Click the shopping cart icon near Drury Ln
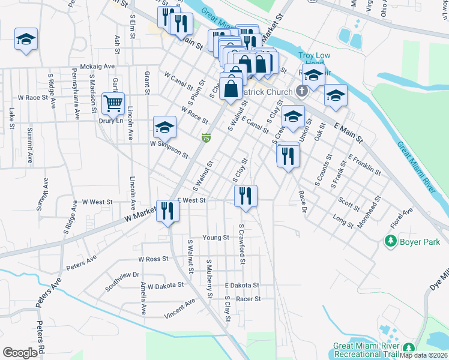[x=113, y=104]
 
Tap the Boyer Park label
[x=420, y=242]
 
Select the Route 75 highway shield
[x=206, y=139]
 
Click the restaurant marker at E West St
[x=246, y=196]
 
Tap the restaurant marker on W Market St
[x=167, y=211]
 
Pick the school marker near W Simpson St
[x=165, y=127]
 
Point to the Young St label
[x=216, y=238]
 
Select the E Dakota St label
[x=242, y=286]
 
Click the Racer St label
[x=248, y=299]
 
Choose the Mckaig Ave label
[x=97, y=67]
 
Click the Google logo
[x=20, y=352]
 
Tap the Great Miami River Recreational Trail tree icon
[x=409, y=348]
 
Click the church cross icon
[x=303, y=92]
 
